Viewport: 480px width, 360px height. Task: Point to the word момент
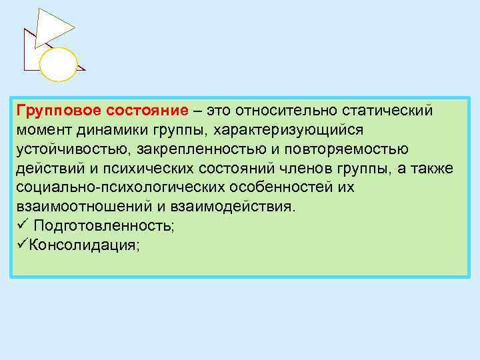42,129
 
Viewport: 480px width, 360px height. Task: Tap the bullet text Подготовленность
104,226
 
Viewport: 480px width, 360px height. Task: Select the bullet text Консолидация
84,245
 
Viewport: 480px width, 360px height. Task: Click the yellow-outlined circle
59,64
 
